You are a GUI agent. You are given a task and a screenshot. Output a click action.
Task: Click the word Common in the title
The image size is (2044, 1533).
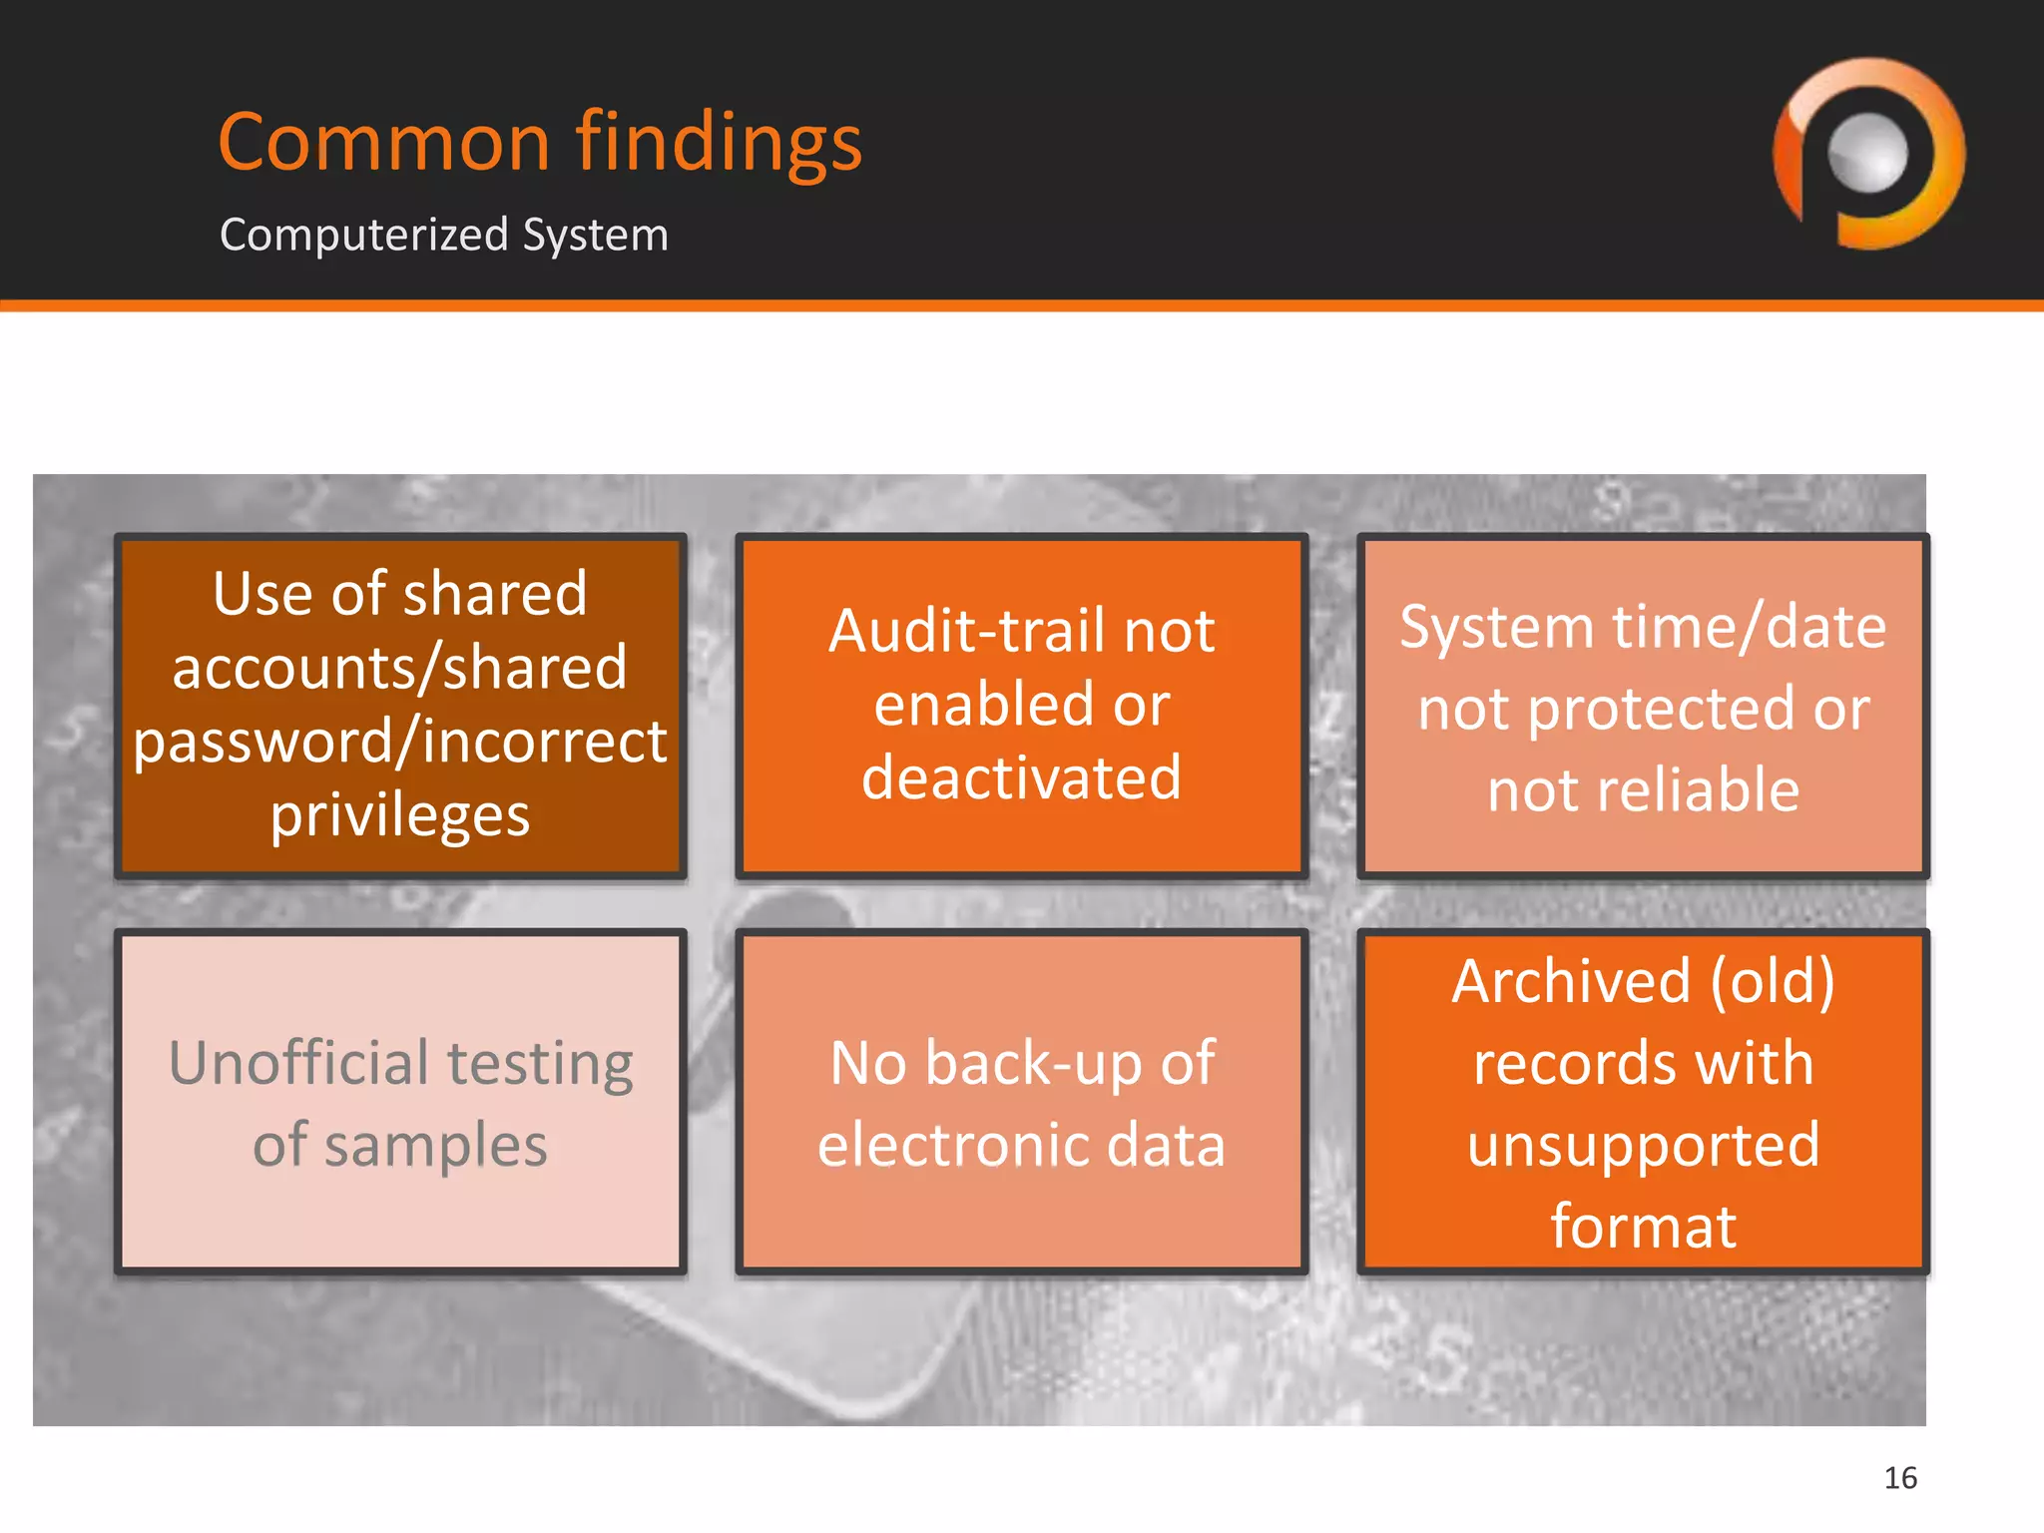pos(384,143)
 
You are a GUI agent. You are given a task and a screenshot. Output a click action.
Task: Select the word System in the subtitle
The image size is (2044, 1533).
pos(595,236)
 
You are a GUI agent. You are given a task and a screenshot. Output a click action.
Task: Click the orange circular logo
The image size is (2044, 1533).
pos(1868,153)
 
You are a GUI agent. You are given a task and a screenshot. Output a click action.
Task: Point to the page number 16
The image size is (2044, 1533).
pos(1899,1477)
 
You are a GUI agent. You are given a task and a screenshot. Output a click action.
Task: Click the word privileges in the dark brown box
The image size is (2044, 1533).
pos(399,816)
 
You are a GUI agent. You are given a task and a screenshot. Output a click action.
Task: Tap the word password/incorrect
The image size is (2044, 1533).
pos(399,743)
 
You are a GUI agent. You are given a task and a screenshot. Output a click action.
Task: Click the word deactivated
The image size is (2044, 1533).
pos(1021,778)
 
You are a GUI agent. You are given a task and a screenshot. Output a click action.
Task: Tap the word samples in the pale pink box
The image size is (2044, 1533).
pos(435,1145)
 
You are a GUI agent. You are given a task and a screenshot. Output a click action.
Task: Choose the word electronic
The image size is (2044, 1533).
pos(952,1145)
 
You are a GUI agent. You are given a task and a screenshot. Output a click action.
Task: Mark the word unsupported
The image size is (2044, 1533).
pos(1643,1145)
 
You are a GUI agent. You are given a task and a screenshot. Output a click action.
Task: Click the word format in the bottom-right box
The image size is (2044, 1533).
pos(1643,1227)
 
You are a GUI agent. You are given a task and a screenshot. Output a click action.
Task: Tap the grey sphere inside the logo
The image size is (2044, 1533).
pos(1867,153)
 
